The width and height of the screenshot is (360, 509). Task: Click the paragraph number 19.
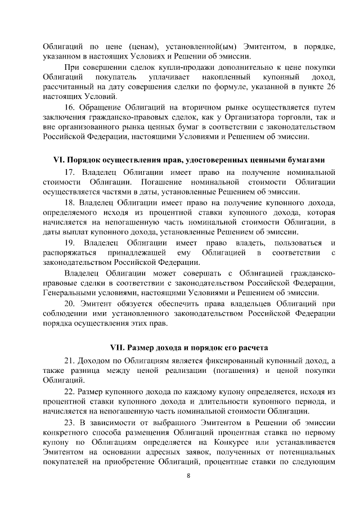[x=70, y=242]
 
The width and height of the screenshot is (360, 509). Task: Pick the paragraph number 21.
[x=70, y=361]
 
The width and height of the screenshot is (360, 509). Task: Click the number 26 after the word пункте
[x=331, y=85]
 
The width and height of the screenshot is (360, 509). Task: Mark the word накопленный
[x=227, y=75]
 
